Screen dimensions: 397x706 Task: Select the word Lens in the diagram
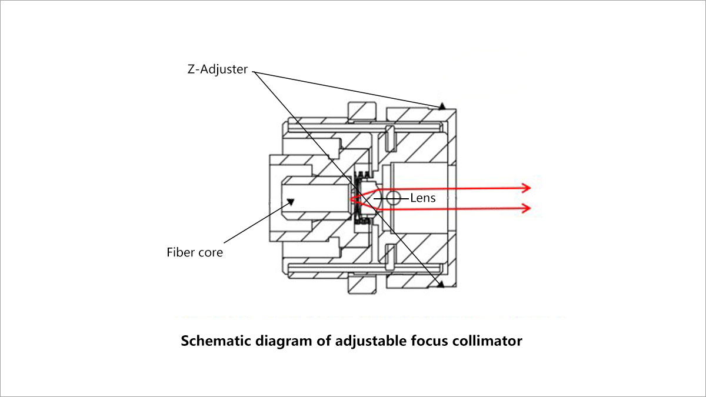pyautogui.click(x=423, y=198)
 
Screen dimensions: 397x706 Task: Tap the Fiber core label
pyautogui.click(x=195, y=252)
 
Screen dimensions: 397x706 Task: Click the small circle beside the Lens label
pyautogui.click(x=393, y=198)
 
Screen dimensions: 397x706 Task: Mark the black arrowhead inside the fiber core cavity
pyautogui.click(x=290, y=202)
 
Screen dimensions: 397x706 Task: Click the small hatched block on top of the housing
pyautogui.click(x=362, y=110)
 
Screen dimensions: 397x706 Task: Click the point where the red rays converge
pyautogui.click(x=352, y=199)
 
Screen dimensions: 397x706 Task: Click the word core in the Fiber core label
pyautogui.click(x=211, y=252)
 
